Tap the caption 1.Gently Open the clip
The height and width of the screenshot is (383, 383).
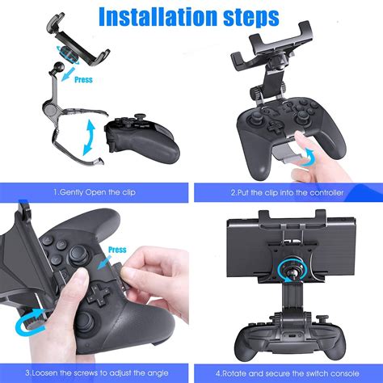95,193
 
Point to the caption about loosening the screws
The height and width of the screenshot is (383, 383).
95,372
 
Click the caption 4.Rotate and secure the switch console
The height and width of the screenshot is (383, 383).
288,372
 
